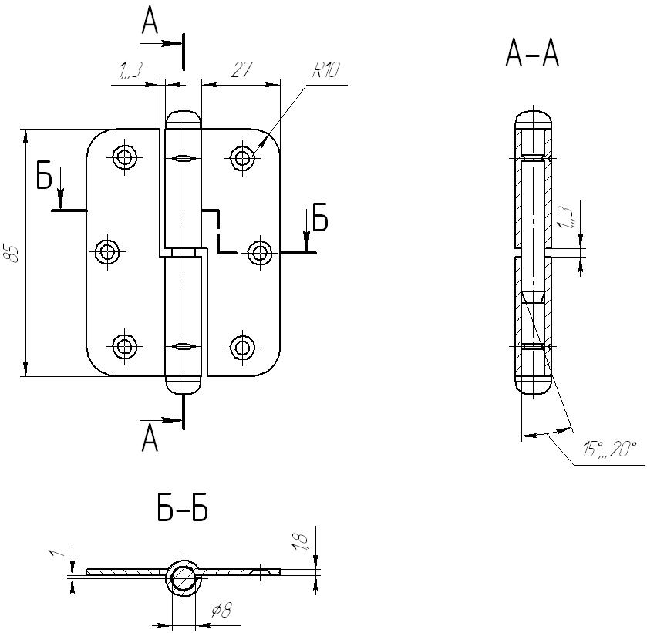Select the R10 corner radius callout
tap(326, 72)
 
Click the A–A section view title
tap(532, 54)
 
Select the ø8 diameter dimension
tap(222, 611)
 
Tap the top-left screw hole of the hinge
tap(125, 157)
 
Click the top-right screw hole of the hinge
tap(243, 158)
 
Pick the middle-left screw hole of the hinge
tap(106, 251)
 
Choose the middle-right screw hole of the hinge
tap(260, 251)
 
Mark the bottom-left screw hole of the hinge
tap(125, 346)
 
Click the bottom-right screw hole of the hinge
tap(243, 346)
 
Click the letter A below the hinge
tap(150, 440)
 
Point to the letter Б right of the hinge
tap(319, 220)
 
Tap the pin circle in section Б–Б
tap(184, 577)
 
